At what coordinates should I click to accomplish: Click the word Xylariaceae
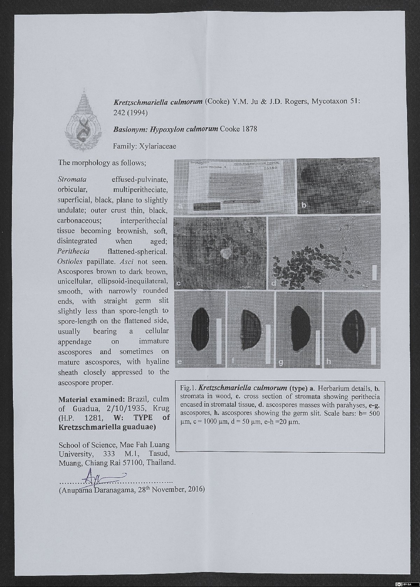[x=157, y=146]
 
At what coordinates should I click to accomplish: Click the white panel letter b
[x=304, y=206]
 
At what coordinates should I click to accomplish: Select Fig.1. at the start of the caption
[x=188, y=388]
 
